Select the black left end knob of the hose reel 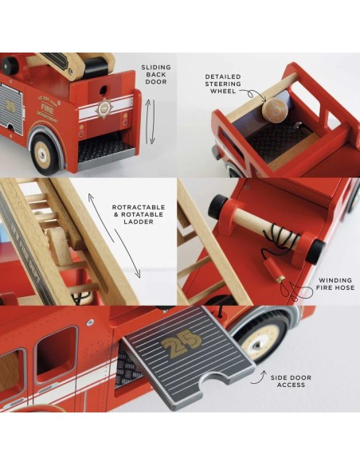tap(217, 209)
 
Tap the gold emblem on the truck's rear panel tap(101, 108)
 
